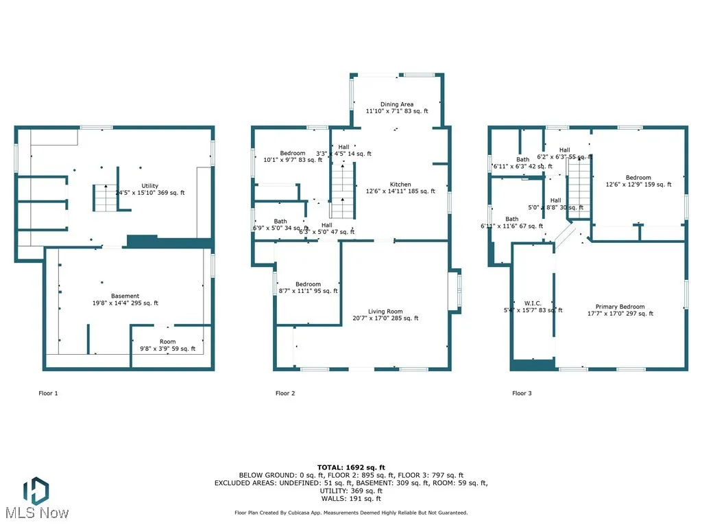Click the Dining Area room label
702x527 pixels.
pos(397,105)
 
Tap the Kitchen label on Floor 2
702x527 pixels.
pos(400,185)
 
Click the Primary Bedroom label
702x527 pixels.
pos(620,307)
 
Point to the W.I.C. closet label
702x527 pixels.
pos(533,303)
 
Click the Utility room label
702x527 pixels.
pos(149,186)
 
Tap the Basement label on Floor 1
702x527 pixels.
pos(125,296)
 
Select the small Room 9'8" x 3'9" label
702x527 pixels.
pos(167,342)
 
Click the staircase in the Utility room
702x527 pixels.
pos(105,198)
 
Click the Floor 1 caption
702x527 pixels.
pos(48,393)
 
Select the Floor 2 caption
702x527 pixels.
pos(285,393)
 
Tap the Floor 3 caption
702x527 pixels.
pos(522,393)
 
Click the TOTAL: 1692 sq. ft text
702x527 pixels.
pos(351,467)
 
